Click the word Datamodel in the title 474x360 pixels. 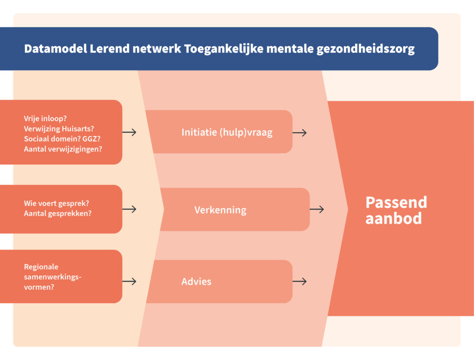coord(56,49)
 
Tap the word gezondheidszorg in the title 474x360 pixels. coord(366,49)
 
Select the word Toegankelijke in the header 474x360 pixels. coord(224,49)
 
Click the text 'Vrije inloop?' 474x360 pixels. coord(45,118)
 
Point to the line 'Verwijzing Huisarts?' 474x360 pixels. coord(59,129)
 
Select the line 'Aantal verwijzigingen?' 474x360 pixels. coord(63,149)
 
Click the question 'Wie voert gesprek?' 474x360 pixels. coord(56,204)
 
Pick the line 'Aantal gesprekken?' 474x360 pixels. coord(58,213)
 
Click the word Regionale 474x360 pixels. coord(41,267)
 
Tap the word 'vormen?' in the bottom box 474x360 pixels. coord(39,287)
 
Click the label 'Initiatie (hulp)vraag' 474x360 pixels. coord(227,132)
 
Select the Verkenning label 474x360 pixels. coord(220,210)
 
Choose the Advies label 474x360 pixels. coord(196,282)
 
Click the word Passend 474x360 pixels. coord(396,202)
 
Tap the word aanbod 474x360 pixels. coord(393,218)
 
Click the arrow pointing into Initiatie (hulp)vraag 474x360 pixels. coord(130,132)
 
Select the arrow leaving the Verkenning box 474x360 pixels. coord(317,209)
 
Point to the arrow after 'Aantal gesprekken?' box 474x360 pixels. coord(130,209)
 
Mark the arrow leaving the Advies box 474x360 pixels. coord(299,281)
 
